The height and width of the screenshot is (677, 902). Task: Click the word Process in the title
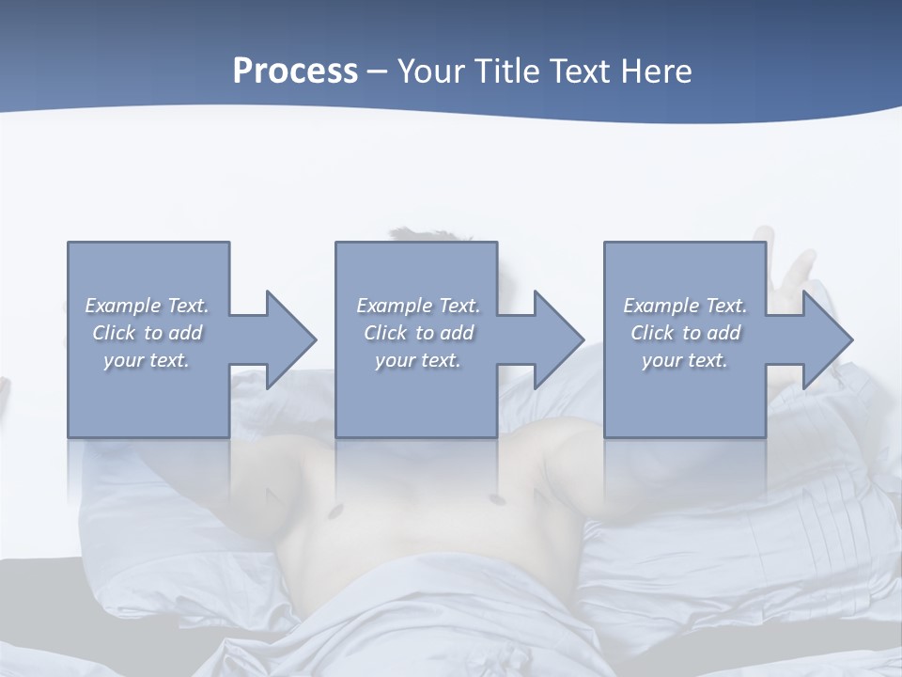tap(295, 71)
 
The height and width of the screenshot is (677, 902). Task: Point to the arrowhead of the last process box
tap(825, 339)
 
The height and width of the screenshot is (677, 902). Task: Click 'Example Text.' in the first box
tap(147, 306)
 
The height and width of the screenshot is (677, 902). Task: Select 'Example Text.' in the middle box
tap(417, 306)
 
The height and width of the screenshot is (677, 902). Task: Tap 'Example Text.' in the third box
tap(685, 306)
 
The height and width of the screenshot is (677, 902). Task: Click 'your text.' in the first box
tap(147, 360)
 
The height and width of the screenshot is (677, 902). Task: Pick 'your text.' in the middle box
tap(417, 360)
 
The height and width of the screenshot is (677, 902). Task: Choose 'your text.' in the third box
tap(685, 360)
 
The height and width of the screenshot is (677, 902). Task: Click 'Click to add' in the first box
tap(147, 333)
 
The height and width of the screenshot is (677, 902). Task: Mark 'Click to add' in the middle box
tap(417, 333)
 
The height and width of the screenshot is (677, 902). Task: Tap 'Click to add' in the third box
tap(685, 333)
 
